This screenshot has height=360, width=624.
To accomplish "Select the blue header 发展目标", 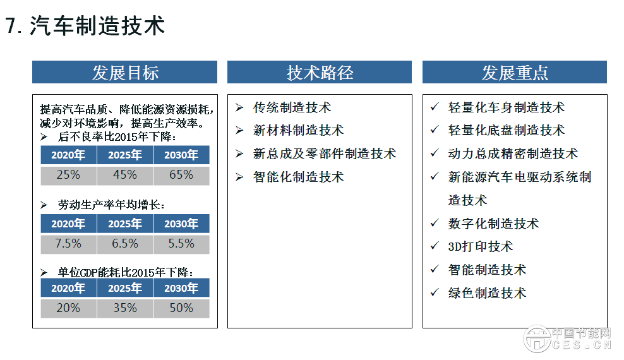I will click(x=124, y=72).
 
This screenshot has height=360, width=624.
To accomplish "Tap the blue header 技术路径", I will click(x=319, y=72).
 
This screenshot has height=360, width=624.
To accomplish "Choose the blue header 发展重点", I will click(x=514, y=72).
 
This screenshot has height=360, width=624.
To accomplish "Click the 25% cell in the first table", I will click(x=68, y=175).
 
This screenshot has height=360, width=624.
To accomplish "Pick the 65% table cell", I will click(x=181, y=175).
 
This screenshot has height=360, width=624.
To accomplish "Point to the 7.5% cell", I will click(x=68, y=244).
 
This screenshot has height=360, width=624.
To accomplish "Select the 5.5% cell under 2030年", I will click(x=181, y=244).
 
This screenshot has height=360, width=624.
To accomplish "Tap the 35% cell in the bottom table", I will click(x=125, y=308).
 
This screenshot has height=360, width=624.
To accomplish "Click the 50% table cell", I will click(x=181, y=308).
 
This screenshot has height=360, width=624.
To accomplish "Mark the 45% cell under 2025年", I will click(x=125, y=175).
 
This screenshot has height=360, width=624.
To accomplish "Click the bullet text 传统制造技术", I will click(x=292, y=108).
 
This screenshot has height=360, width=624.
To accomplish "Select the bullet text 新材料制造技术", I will click(x=298, y=131).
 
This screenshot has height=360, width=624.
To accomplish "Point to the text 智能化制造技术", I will click(x=298, y=177).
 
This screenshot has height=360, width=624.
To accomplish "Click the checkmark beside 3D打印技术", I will click(x=434, y=246).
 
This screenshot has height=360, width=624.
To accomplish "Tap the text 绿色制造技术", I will click(x=487, y=293).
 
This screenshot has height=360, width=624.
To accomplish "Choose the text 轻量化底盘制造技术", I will click(x=506, y=131).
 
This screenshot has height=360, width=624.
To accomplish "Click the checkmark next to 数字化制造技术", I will click(x=434, y=223).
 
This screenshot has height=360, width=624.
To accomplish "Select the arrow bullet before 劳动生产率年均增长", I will click(x=44, y=205).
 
